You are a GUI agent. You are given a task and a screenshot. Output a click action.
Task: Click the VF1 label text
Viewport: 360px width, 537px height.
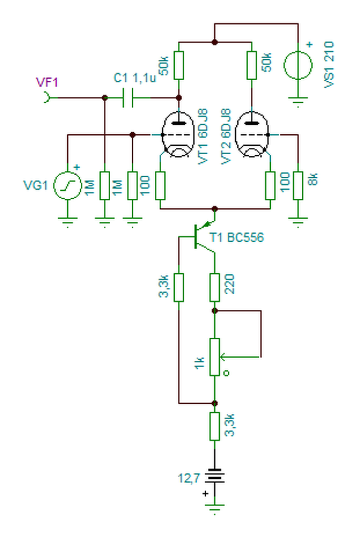tap(47, 82)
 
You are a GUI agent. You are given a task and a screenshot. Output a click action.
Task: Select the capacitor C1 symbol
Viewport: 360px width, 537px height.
tap(128, 98)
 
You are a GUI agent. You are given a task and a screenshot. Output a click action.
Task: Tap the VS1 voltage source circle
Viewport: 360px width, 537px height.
tap(298, 65)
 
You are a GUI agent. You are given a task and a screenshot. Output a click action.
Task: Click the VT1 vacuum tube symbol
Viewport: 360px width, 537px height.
tap(177, 135)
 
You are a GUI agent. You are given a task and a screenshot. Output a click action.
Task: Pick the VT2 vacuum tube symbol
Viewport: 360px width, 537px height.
tap(252, 135)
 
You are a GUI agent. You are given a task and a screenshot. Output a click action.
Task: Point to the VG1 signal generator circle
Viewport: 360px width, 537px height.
tap(68, 186)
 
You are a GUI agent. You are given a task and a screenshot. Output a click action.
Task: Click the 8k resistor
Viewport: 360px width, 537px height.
tap(298, 185)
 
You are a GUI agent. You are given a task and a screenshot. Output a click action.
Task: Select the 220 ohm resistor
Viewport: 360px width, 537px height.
tap(215, 287)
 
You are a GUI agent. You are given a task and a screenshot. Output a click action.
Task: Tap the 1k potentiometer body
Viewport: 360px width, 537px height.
tap(215, 357)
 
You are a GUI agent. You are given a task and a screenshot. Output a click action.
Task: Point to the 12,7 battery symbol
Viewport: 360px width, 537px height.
tap(215, 476)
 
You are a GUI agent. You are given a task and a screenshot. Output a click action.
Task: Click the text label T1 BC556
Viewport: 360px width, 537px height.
tap(237, 238)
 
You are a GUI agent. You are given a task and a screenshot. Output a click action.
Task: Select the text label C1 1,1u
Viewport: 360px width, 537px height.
tap(135, 78)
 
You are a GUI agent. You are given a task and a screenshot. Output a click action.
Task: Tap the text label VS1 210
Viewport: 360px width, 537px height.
tap(329, 65)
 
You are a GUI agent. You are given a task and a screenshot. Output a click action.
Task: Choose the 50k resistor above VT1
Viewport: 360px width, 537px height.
tap(178, 65)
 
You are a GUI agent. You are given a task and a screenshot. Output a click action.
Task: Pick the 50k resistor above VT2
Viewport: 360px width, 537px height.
tap(252, 65)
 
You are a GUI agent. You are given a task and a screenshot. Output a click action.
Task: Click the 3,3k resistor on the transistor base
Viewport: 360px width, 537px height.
tap(178, 287)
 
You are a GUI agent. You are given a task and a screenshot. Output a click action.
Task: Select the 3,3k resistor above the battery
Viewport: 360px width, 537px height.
tap(215, 426)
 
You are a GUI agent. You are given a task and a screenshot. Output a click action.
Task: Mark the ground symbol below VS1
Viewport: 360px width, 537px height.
tap(298, 102)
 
